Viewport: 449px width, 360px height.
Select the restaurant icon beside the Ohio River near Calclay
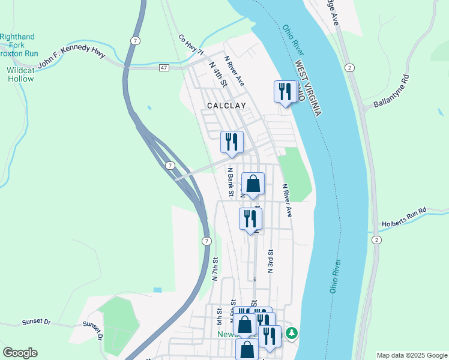click(x=285, y=92)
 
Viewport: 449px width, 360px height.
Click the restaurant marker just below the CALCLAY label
click(x=231, y=142)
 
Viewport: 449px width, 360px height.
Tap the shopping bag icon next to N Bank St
click(x=253, y=184)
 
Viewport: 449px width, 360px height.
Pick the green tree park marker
click(x=292, y=332)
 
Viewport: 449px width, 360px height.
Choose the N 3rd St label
click(x=271, y=261)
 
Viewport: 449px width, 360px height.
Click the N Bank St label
click(x=230, y=182)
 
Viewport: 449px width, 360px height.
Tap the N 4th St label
click(x=217, y=74)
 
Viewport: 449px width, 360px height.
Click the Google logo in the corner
click(x=20, y=353)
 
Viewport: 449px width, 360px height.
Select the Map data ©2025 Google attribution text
click(x=411, y=355)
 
